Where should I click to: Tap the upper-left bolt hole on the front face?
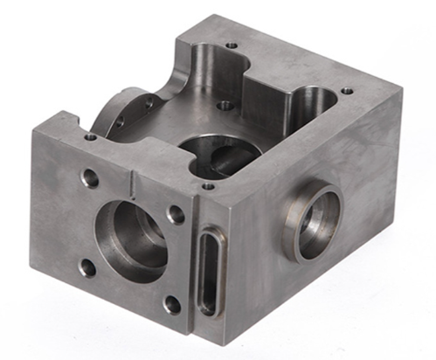pos(89,179)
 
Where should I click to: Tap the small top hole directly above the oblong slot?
pos(207,185)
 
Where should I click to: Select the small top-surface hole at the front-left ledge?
pos(91,137)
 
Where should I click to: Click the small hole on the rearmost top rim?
pos(231,45)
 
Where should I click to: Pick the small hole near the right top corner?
pos(347,90)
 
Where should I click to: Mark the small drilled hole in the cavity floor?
pos(225,105)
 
